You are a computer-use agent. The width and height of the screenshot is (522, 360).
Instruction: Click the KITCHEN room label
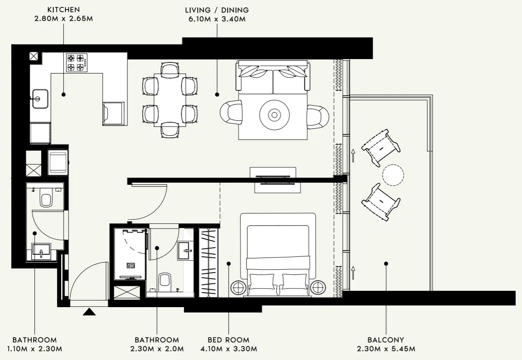64,10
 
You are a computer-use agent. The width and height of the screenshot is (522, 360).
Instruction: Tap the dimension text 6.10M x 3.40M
217,19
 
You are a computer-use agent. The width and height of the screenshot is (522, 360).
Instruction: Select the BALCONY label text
386,340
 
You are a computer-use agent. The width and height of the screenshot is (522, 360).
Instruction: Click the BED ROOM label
228,340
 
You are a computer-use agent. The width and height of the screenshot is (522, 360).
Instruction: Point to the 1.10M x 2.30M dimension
35,349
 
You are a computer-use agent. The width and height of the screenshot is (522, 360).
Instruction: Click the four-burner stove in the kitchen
77,62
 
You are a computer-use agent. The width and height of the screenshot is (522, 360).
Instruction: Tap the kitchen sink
40,99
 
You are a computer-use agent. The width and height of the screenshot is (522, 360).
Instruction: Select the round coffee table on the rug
274,114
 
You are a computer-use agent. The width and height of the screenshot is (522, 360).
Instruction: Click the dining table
170,100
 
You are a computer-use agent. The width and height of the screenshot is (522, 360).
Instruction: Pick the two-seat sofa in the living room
273,77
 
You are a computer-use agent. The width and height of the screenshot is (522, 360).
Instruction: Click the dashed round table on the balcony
393,175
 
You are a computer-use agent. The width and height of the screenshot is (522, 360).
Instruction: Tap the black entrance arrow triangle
89,311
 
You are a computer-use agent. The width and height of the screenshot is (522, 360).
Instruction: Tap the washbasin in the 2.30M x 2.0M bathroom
186,250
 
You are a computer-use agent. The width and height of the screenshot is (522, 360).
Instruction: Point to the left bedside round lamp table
239,287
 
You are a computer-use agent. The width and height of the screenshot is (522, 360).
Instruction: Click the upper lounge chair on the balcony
381,147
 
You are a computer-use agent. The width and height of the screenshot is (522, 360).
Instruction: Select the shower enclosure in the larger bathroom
131,253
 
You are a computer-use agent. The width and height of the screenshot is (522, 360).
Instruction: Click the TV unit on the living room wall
273,179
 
